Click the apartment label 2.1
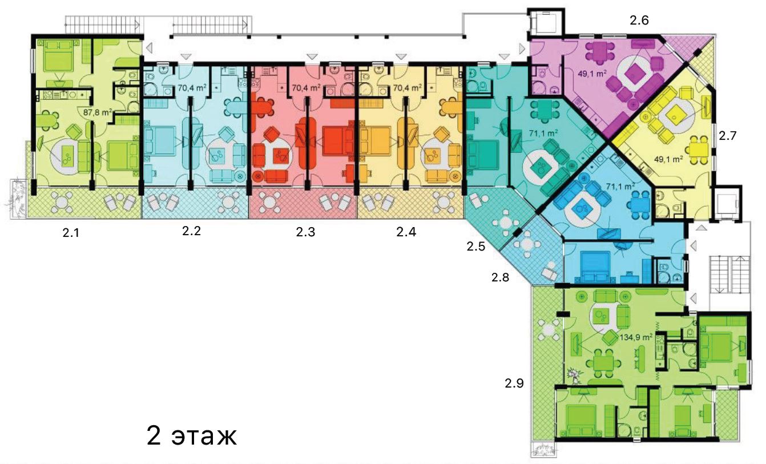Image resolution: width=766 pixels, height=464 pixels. click(x=71, y=233)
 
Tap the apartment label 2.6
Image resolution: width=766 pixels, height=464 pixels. click(x=639, y=21)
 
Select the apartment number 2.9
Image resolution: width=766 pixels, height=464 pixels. click(x=514, y=384)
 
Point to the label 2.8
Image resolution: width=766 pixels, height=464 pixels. click(x=500, y=277)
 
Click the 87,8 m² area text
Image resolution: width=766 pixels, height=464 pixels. click(x=98, y=112)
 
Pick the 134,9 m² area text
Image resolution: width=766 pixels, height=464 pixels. click(x=636, y=337)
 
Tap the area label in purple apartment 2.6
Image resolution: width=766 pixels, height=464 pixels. click(x=592, y=73)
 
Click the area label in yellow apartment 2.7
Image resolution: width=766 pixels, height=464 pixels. click(x=668, y=159)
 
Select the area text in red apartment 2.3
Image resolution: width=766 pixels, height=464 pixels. click(x=306, y=88)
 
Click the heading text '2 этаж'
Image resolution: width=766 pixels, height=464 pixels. click(x=192, y=436)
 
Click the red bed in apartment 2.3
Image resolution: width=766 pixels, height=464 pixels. click(x=338, y=140)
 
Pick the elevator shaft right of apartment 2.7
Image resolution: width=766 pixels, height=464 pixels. click(x=728, y=204)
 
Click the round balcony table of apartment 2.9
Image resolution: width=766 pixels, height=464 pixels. click(x=549, y=330)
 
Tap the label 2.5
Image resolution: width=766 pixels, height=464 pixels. click(x=475, y=246)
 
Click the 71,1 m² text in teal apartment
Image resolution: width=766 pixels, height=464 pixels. click(x=543, y=134)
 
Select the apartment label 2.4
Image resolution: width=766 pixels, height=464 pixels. click(x=406, y=232)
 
